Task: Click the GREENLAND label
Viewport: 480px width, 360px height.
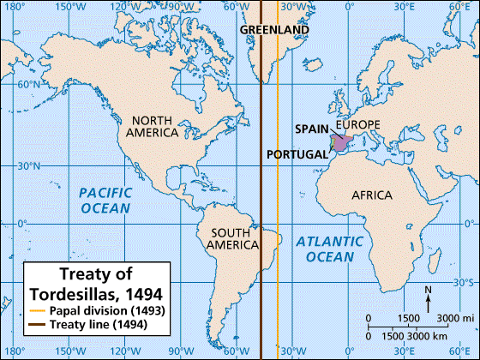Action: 273,29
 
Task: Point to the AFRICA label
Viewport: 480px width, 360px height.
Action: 372,195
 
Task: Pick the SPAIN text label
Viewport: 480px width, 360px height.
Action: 312,129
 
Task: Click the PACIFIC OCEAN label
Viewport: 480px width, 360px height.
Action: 106,201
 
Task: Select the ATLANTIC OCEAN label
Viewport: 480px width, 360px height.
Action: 325,249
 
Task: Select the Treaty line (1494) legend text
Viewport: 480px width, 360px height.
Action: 97,324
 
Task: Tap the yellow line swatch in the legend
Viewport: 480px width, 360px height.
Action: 35,309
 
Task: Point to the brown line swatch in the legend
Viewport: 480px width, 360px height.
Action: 35,324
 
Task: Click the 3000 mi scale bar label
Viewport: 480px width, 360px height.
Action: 451,318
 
